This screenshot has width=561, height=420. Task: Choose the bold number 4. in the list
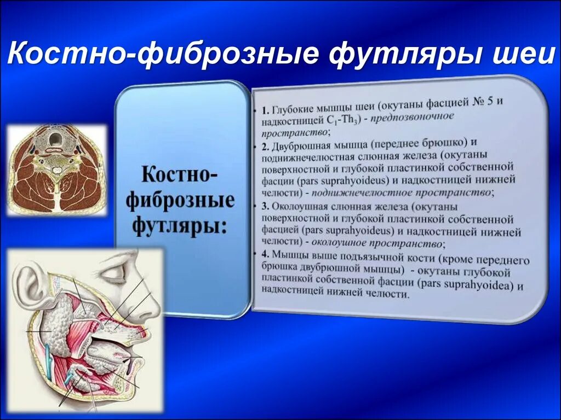(265, 255)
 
